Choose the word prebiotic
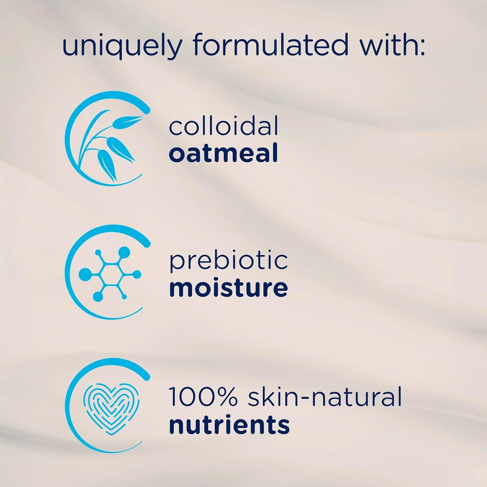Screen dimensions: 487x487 tap(229, 262)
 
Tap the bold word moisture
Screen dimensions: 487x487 tap(229, 288)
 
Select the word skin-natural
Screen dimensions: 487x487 tap(325, 397)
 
